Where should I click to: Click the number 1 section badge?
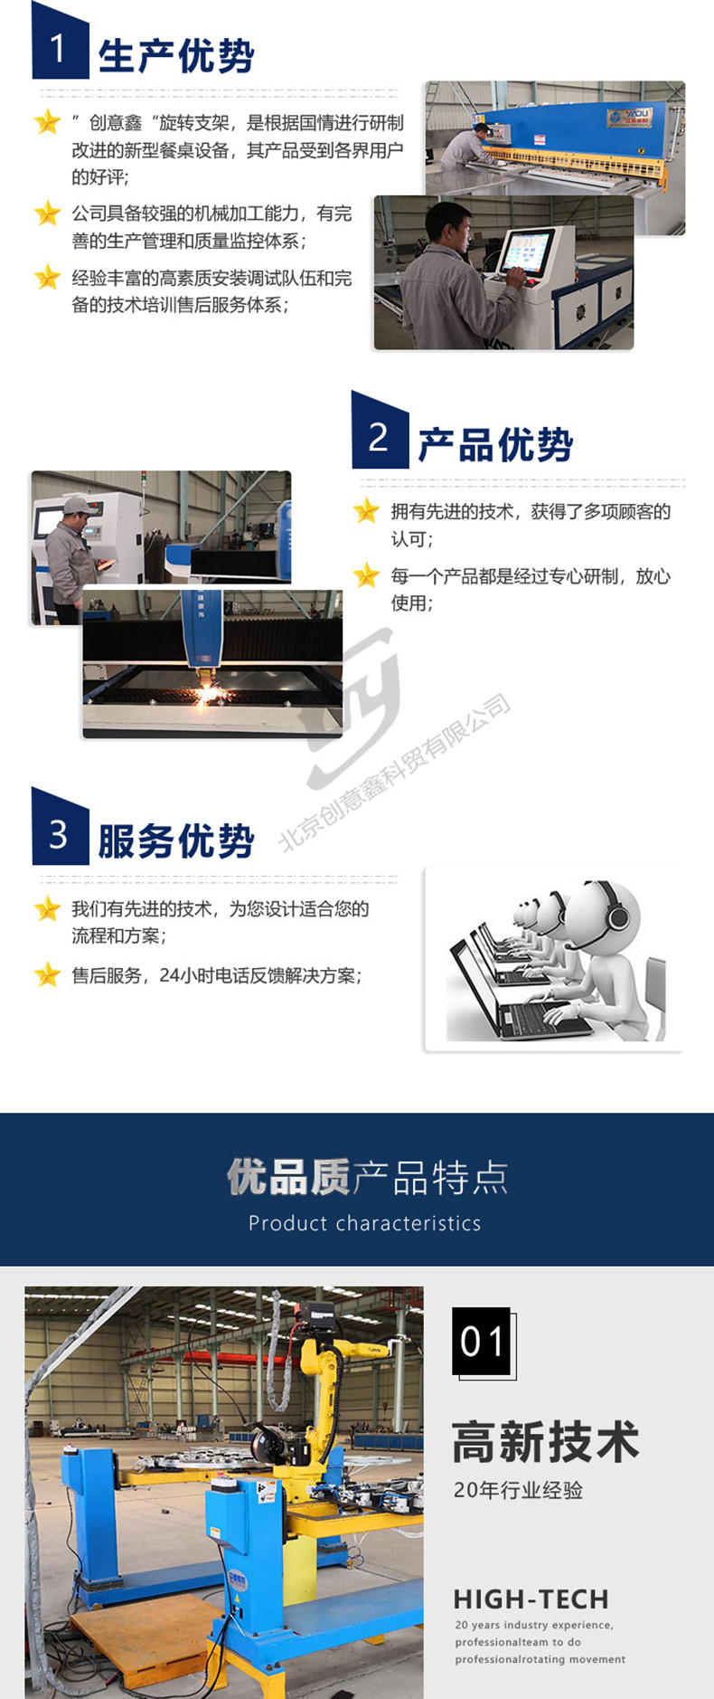point(60,43)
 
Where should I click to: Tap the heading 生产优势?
point(176,56)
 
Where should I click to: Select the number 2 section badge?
point(380,432)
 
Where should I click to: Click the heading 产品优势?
point(495,445)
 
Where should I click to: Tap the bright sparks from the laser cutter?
point(211,695)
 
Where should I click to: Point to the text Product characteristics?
point(365,1223)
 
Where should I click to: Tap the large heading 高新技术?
point(546,1442)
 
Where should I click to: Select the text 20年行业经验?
point(518,1490)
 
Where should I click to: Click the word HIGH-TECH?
point(531,1599)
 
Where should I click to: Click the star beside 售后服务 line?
point(47,974)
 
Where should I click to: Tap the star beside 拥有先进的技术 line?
point(366,511)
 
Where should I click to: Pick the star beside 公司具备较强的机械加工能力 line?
point(47,214)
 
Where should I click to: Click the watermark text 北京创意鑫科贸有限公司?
point(395,773)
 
